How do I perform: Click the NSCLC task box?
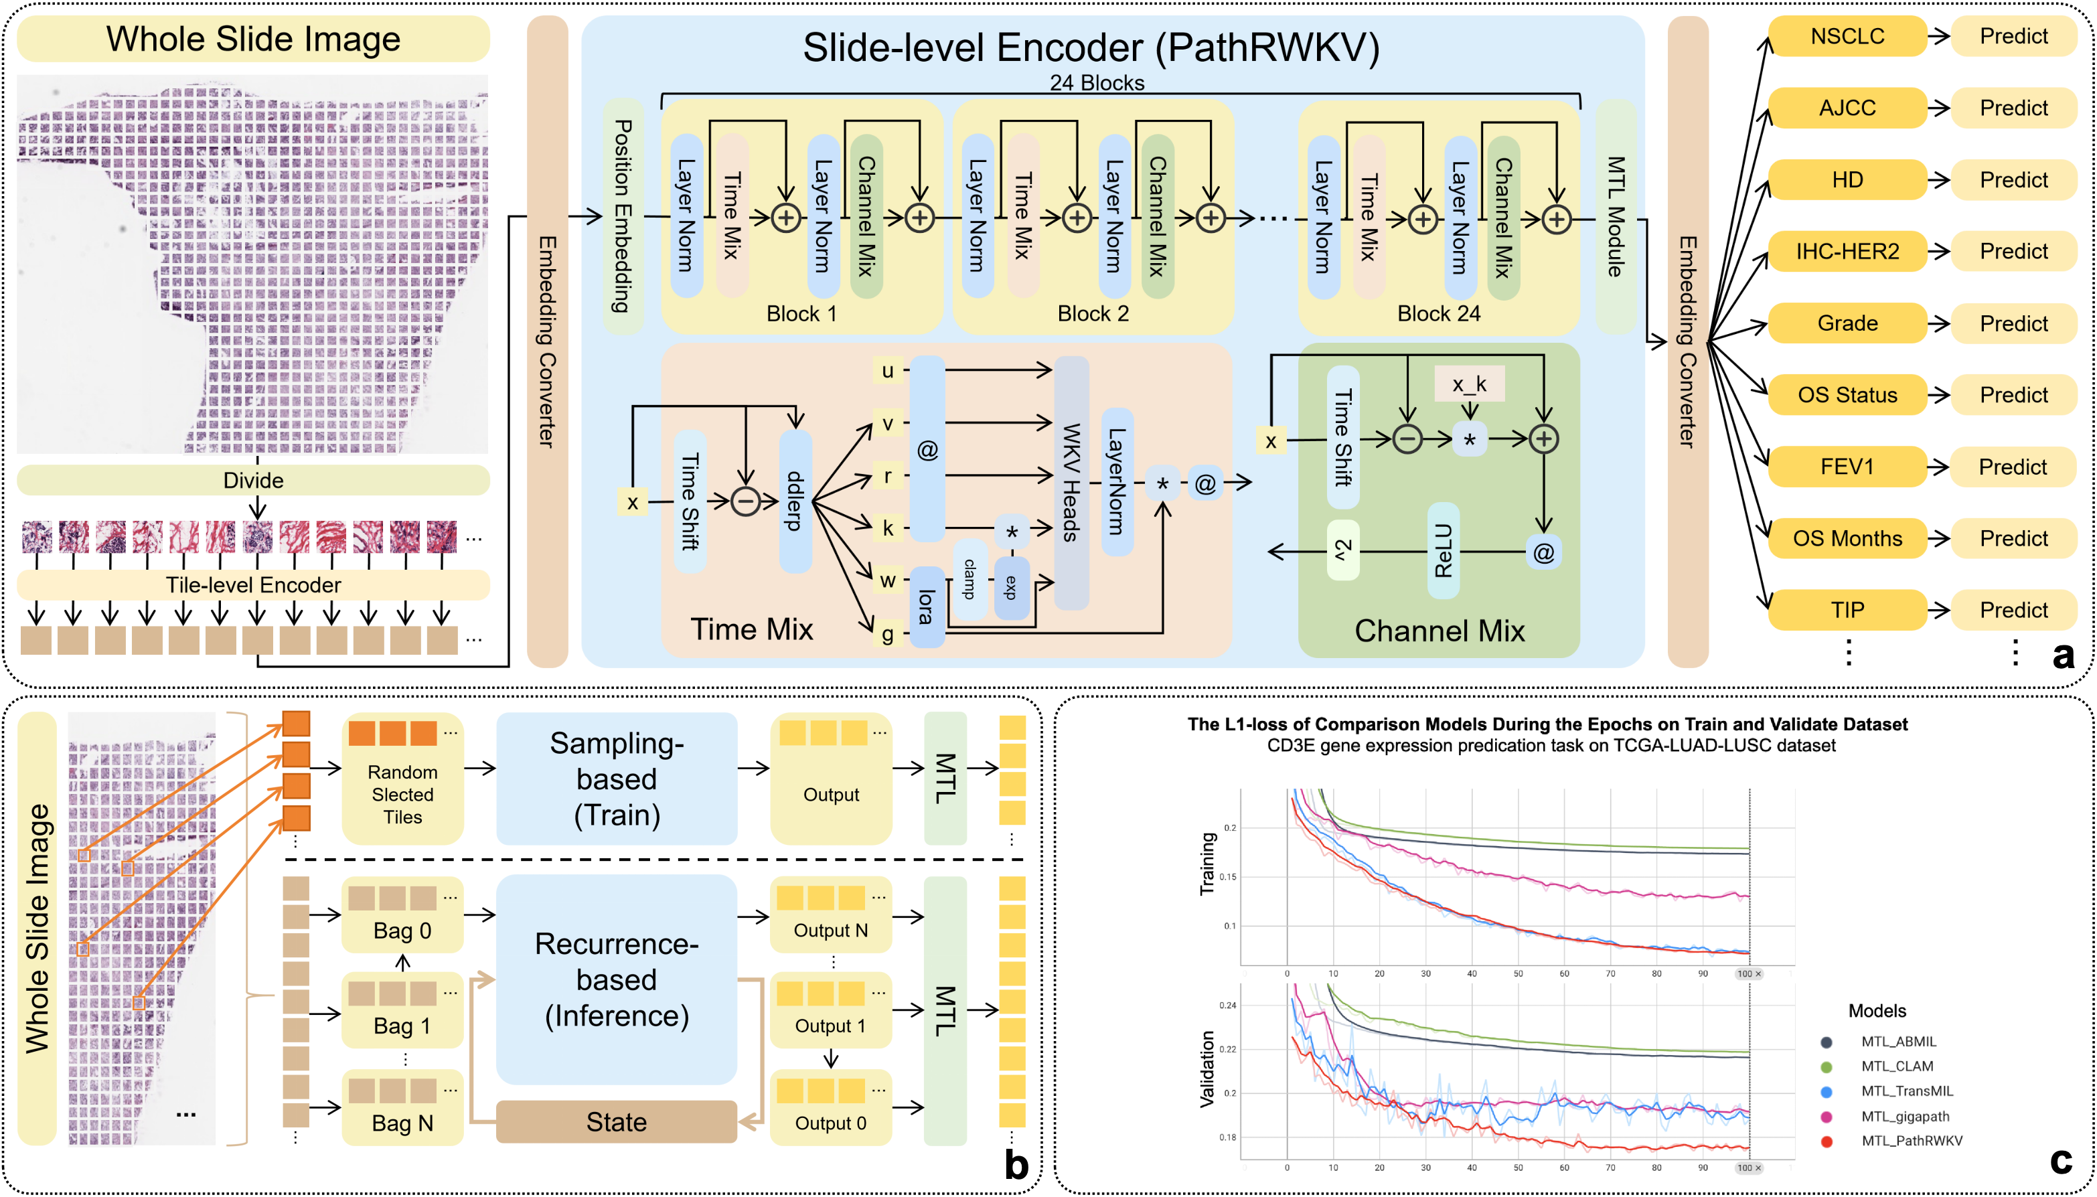[1847, 36]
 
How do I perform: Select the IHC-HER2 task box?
[1847, 252]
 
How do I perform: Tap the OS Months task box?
[1847, 538]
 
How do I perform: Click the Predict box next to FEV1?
[2013, 467]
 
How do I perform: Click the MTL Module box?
[1616, 216]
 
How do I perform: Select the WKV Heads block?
[1071, 483]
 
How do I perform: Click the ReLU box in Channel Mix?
[1443, 550]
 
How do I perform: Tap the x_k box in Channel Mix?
[1469, 384]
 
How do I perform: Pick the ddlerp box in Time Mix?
[795, 501]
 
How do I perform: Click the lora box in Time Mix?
[927, 607]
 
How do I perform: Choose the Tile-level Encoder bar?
[253, 584]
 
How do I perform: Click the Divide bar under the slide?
[253, 480]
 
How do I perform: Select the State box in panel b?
[616, 1121]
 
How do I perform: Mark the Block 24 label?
[1439, 313]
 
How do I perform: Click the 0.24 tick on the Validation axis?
[1227, 1005]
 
